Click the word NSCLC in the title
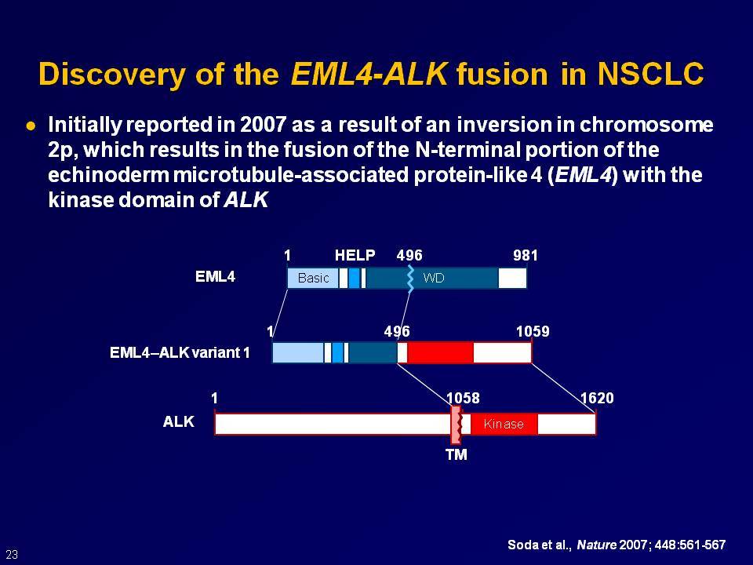[x=651, y=74]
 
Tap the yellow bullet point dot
[x=31, y=126]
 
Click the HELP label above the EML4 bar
[x=355, y=255]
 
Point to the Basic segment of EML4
[x=313, y=278]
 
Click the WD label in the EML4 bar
[x=433, y=278]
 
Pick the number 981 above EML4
[x=525, y=255]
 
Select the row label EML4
[x=215, y=277]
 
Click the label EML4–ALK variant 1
[x=180, y=352]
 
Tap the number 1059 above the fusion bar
[x=533, y=331]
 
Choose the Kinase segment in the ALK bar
[x=504, y=424]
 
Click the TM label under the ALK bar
[x=457, y=454]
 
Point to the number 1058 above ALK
[x=463, y=398]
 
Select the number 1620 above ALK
[x=597, y=398]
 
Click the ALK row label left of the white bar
[x=179, y=421]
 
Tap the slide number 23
[x=12, y=554]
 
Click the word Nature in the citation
[x=596, y=545]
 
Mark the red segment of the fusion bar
[x=440, y=352]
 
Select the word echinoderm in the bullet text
[x=108, y=175]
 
